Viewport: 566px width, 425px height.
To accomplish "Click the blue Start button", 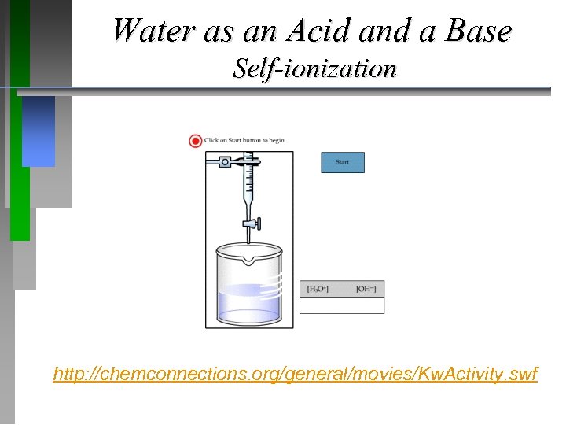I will click(x=343, y=162).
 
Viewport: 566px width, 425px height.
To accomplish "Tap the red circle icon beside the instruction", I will click(x=195, y=141).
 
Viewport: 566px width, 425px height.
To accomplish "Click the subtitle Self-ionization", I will click(x=314, y=68).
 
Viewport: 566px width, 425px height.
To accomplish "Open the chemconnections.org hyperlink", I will click(x=296, y=374).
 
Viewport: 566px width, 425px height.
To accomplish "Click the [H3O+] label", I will click(x=318, y=289).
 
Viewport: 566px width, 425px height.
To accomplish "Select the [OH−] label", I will click(x=366, y=289).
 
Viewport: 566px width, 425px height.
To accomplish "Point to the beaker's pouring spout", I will click(x=249, y=259).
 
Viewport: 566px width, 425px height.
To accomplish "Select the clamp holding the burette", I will click(x=226, y=163).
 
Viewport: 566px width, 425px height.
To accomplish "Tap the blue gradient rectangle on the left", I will click(x=39, y=131).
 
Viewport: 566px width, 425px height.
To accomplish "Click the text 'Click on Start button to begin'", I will click(x=245, y=141).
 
